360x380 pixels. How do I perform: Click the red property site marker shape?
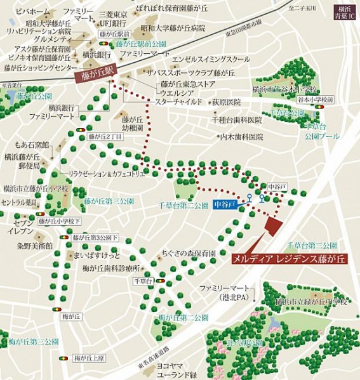[x=274, y=226]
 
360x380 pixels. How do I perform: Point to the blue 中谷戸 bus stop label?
[x=225, y=204]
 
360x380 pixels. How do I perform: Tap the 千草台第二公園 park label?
[x=183, y=206]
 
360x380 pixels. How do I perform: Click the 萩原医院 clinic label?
[x=227, y=102]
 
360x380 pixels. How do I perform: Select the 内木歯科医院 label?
[x=241, y=136]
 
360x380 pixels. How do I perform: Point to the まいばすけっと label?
[x=97, y=256]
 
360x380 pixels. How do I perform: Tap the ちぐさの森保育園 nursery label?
[x=190, y=252]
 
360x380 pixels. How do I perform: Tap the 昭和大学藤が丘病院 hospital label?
[x=173, y=29]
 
